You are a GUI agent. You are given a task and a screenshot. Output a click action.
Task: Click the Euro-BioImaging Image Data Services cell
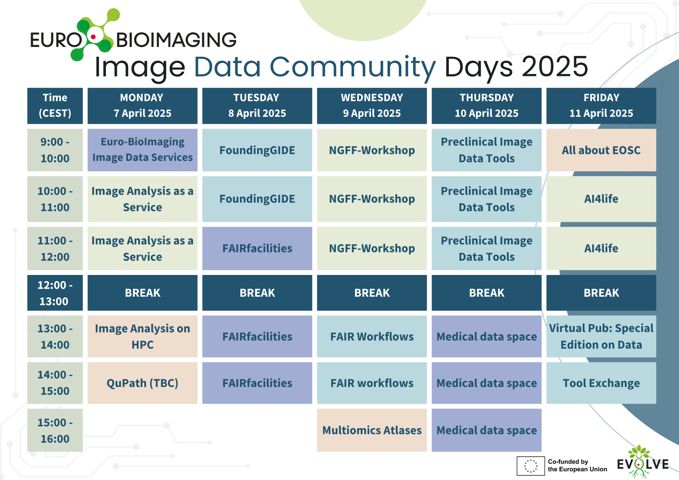coord(143,150)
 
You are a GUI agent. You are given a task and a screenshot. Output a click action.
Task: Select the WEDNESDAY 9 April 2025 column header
coord(372,106)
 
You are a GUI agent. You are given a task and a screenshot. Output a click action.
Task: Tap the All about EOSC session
coord(601,150)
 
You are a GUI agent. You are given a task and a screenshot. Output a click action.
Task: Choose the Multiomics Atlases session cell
coord(372,430)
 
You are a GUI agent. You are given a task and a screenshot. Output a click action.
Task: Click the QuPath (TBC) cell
coord(143,383)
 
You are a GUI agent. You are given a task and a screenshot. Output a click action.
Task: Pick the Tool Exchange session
coord(601,383)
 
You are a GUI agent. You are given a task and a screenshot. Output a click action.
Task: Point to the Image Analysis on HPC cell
coord(143,336)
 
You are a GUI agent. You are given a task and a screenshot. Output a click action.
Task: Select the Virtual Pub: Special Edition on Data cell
coord(601,336)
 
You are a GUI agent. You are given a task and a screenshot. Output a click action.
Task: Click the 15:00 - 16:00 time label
coord(55,430)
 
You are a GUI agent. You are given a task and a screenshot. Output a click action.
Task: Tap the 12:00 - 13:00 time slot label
coord(55,293)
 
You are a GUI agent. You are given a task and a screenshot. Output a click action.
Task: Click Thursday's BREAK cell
coord(487,293)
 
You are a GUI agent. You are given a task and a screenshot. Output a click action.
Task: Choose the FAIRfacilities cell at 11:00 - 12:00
coord(257,248)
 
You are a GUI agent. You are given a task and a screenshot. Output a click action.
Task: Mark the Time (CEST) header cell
coord(55,106)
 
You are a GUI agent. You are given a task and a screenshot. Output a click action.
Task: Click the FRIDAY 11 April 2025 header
coord(601,106)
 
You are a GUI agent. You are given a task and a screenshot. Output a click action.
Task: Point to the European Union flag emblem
coord(531,466)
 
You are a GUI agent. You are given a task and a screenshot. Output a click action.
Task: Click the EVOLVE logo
coord(643,462)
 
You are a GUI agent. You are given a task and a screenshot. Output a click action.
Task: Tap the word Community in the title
coord(353,67)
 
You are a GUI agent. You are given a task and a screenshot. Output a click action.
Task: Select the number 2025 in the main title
coord(555,67)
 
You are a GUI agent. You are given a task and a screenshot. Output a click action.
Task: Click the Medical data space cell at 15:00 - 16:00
coord(487,430)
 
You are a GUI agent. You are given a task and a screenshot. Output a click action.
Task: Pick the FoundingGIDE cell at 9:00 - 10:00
coord(257,150)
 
